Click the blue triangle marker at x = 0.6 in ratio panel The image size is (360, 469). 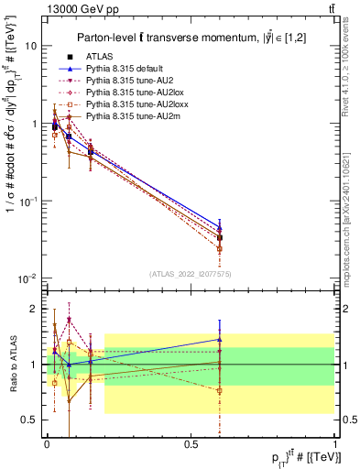tap(219, 339)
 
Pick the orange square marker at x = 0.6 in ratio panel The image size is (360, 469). tap(219, 390)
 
